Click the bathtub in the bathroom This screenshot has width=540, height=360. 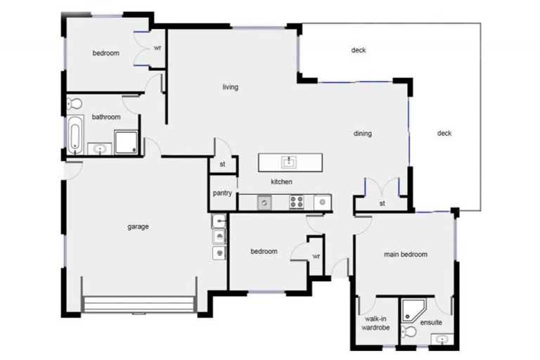(x=75, y=134)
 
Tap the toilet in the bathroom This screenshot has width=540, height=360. (x=76, y=104)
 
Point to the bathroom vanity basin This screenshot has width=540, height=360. (x=99, y=148)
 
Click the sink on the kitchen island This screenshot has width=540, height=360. (x=288, y=162)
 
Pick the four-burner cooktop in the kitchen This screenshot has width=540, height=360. (x=297, y=202)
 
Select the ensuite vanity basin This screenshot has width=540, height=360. (x=442, y=340)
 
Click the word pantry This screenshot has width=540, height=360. (x=222, y=193)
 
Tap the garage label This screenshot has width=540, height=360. (x=138, y=226)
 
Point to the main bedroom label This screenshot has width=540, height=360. (x=405, y=255)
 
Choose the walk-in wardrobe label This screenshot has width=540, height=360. (x=375, y=323)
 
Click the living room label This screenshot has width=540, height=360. (x=230, y=87)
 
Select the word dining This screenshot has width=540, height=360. (x=362, y=134)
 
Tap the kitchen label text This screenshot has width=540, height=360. (x=281, y=181)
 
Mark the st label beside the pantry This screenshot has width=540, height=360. (x=222, y=165)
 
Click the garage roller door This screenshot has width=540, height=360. (x=139, y=304)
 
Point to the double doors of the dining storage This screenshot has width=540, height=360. (x=382, y=188)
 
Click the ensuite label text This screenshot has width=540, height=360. (x=431, y=323)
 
